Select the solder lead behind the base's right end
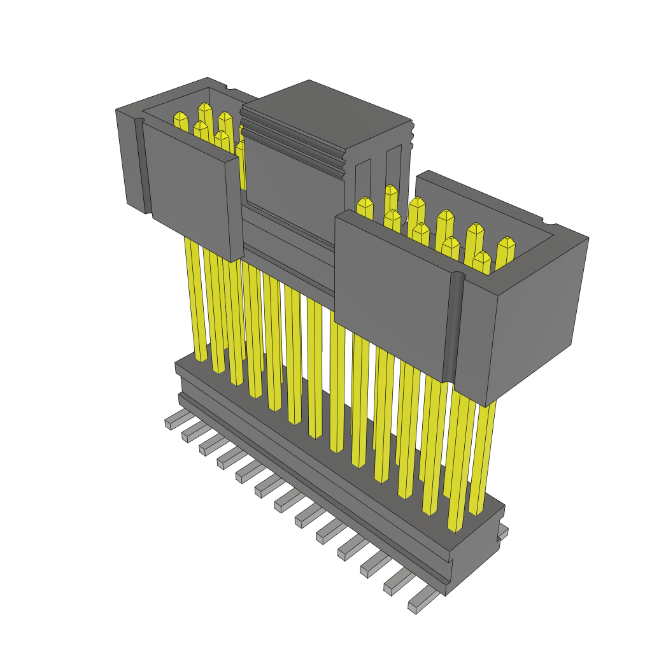[503, 532]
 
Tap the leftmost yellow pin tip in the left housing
[181, 118]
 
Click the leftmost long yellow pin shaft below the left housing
[195, 299]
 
